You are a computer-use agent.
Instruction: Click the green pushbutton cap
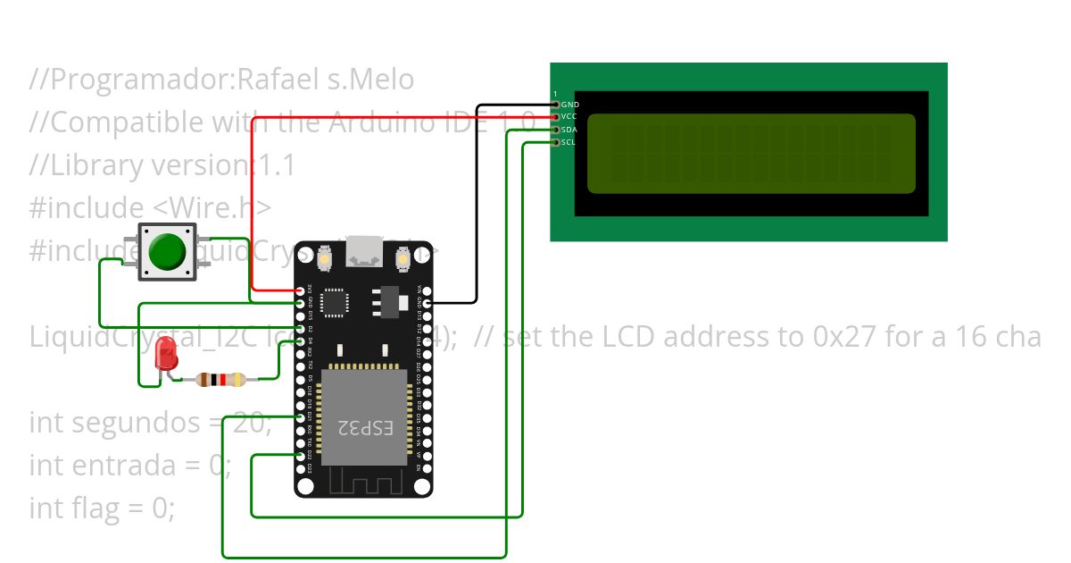[167, 252]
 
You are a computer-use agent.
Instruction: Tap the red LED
[166, 356]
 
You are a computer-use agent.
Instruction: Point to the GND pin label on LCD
[569, 105]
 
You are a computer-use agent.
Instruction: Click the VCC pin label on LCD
[569, 117]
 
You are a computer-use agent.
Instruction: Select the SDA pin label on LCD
[569, 130]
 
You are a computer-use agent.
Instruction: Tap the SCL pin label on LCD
[569, 142]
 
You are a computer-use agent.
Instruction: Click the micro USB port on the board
[364, 253]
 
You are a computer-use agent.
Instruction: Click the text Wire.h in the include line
[214, 207]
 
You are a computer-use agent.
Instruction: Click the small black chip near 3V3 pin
[335, 302]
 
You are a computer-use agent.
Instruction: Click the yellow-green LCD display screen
[751, 153]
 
